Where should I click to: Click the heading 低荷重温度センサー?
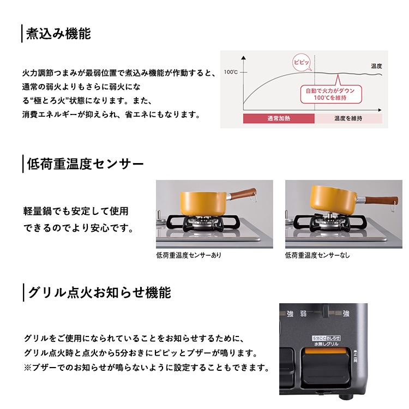[85, 164]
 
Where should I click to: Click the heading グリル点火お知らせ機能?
[99, 293]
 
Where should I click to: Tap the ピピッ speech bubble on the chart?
[302, 62]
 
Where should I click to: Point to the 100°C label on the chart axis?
[231, 73]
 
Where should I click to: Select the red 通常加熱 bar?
[279, 118]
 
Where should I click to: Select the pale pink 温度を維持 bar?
[348, 118]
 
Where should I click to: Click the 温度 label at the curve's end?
[376, 66]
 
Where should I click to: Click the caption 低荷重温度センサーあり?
[189, 255]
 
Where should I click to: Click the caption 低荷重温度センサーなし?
[317, 255]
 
